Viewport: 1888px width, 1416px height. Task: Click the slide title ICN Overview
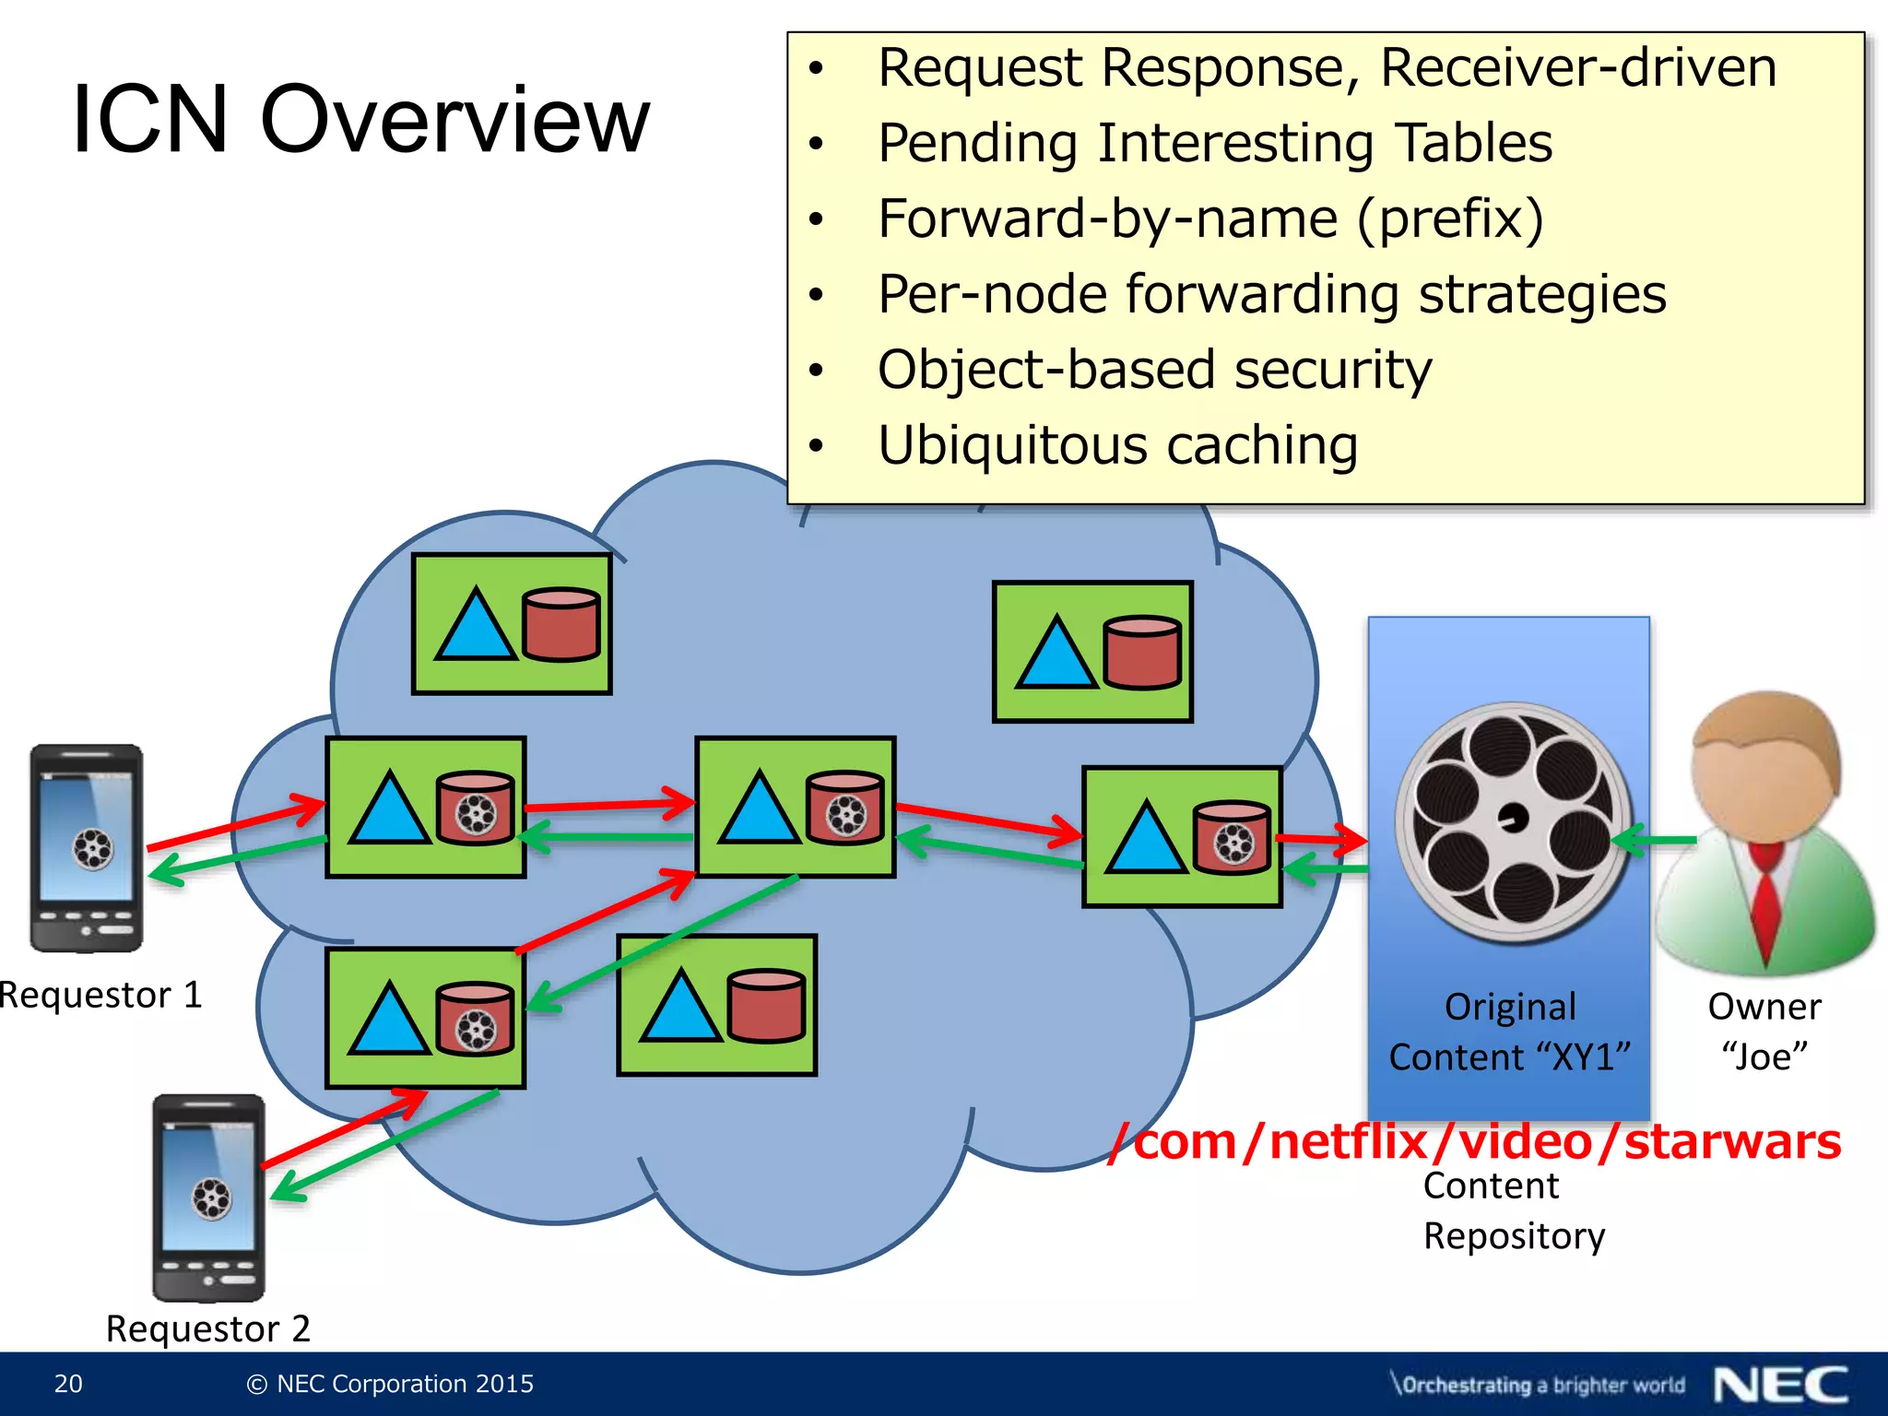360,120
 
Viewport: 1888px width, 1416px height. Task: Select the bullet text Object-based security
1154,371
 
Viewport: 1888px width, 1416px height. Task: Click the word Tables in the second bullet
1472,144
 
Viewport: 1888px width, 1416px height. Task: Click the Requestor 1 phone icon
87,848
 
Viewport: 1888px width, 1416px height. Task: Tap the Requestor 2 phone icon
209,1198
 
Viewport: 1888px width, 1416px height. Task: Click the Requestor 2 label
208,1329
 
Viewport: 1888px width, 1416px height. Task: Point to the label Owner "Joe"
1764,1032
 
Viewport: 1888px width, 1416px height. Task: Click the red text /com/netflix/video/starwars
1475,1142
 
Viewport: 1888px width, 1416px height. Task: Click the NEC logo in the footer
1780,1385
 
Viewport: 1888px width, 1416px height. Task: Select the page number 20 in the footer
68,1384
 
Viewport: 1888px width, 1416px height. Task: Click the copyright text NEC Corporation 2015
391,1384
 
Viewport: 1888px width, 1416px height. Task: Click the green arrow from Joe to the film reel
1656,840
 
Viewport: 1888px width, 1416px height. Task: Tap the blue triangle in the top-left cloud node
475,625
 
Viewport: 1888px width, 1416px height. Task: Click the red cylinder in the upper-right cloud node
1141,653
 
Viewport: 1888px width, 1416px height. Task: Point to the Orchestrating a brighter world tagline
1538,1385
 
